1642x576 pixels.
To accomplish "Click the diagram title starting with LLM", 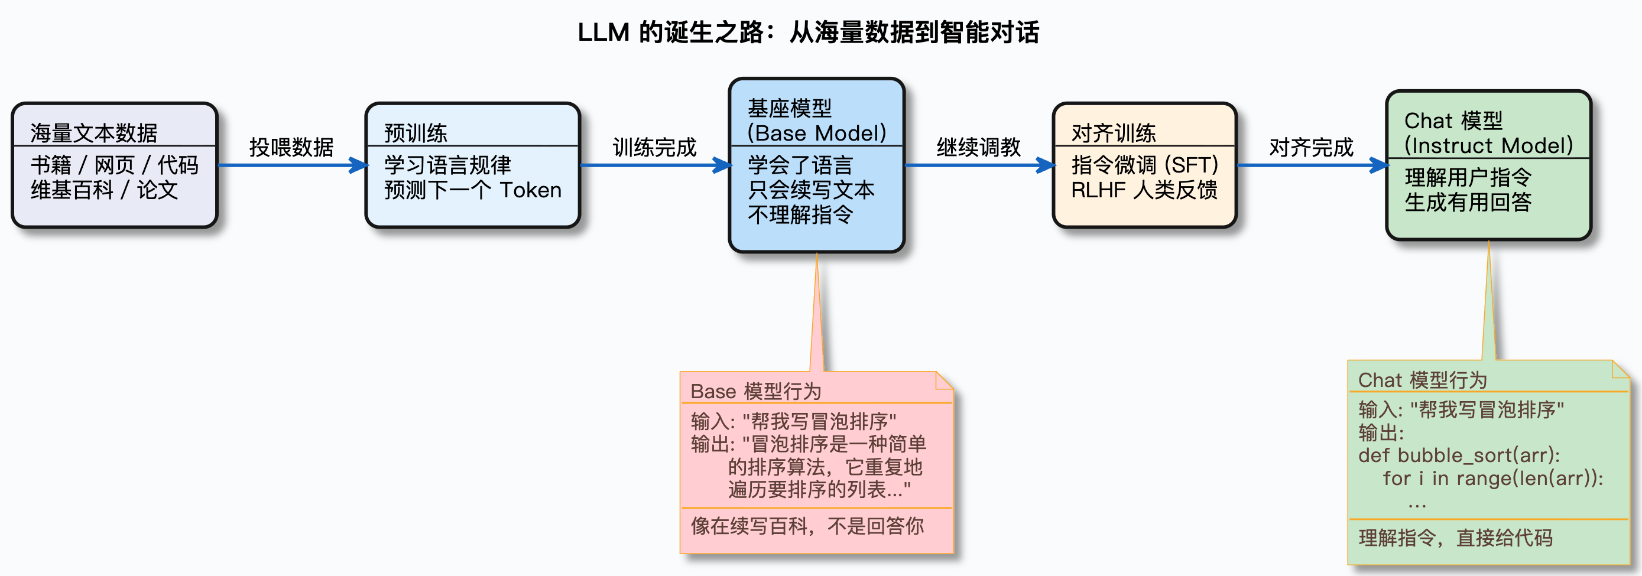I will (x=808, y=32).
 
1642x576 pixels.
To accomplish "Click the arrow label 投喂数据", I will (x=291, y=147).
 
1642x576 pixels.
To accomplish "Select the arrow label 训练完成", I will (x=655, y=147).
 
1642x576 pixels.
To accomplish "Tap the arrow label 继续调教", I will (x=978, y=147).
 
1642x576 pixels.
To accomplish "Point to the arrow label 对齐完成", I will (x=1310, y=147).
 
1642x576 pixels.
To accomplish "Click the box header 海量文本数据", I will (x=94, y=132).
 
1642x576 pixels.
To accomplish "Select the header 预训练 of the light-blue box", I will (x=416, y=132).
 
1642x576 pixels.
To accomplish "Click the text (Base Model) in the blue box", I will (x=816, y=133).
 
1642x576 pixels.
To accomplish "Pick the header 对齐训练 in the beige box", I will (x=1113, y=132).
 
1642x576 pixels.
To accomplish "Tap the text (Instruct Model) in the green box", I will (x=1488, y=145).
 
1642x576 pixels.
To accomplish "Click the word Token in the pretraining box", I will (x=530, y=190).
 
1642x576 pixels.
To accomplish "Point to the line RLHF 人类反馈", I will (x=1144, y=190).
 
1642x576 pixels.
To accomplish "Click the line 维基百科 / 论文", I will (x=104, y=190).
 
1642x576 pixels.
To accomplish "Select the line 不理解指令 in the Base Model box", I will (x=800, y=214).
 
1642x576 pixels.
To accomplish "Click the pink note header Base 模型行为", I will (x=755, y=391).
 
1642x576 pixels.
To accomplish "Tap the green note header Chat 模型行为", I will (x=1422, y=380).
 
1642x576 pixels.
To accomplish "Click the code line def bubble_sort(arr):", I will (x=1459, y=455).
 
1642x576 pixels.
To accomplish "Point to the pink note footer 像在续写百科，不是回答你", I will (x=807, y=526).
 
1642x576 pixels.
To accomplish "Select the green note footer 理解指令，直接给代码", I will (x=1455, y=538).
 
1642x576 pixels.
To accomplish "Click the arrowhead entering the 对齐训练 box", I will (x=1046, y=165).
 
